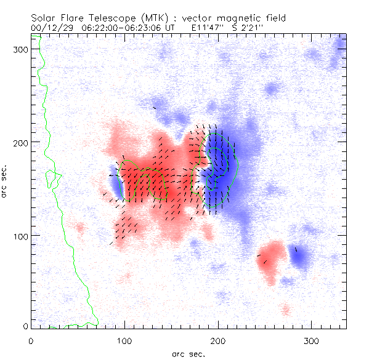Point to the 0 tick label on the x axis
[x=31, y=340]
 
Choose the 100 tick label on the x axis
[x=124, y=340]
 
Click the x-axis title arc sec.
[x=188, y=353]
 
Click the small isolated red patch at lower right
[x=271, y=261]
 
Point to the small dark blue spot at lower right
[x=299, y=258]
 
